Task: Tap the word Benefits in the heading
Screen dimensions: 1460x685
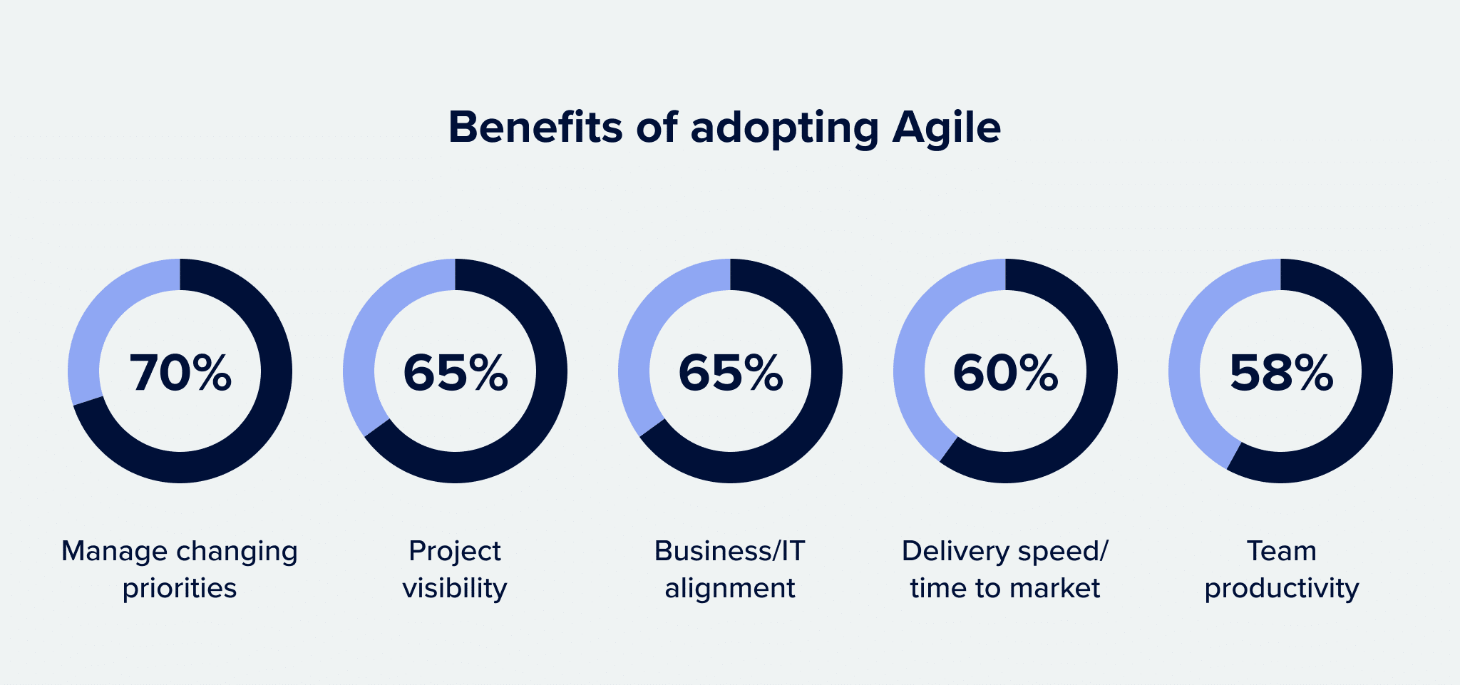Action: (x=535, y=128)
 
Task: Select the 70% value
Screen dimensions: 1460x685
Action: (x=180, y=373)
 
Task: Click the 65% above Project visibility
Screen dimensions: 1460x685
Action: (x=456, y=373)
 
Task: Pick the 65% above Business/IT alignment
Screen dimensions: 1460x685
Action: (x=731, y=373)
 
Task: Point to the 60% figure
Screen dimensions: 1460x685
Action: (x=1005, y=373)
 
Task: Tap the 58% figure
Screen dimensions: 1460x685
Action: (x=1281, y=373)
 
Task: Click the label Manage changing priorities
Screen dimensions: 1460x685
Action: (x=180, y=570)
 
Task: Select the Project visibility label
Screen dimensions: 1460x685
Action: (x=455, y=570)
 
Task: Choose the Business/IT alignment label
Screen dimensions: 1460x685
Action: (x=730, y=570)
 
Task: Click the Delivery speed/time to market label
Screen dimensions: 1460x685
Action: (x=1005, y=570)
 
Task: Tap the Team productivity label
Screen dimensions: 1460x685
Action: (x=1282, y=570)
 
